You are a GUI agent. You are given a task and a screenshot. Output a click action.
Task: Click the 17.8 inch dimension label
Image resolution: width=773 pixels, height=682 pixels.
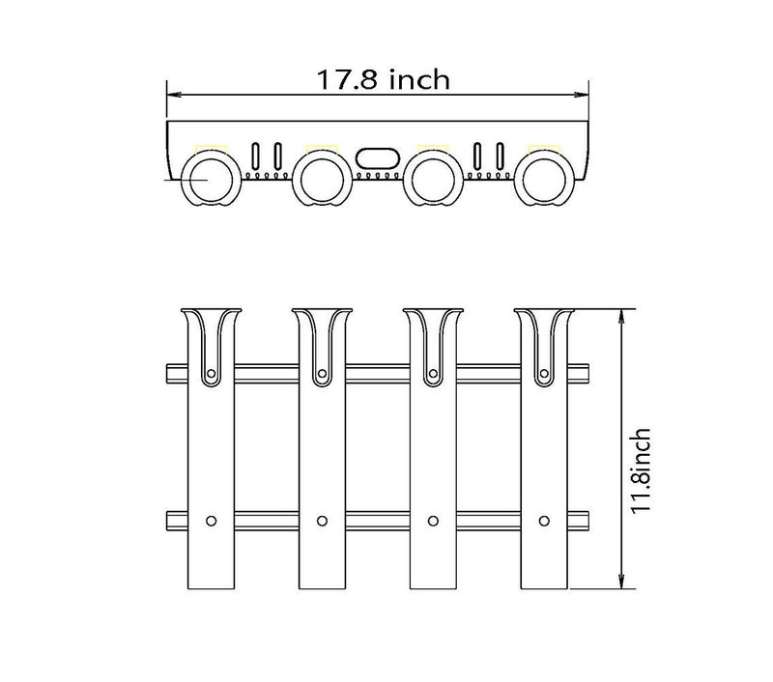click(383, 80)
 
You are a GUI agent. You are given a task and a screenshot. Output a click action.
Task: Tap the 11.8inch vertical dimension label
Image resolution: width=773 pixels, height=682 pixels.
click(641, 470)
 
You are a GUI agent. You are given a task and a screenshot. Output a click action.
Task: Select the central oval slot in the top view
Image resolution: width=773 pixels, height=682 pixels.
click(377, 158)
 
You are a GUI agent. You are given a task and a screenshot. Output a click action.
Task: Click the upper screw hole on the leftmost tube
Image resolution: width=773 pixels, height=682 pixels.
click(211, 374)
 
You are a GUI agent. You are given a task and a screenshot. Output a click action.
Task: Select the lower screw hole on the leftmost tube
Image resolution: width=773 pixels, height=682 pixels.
click(211, 521)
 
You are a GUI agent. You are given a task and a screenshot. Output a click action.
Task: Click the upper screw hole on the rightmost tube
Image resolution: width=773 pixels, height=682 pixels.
click(544, 374)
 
